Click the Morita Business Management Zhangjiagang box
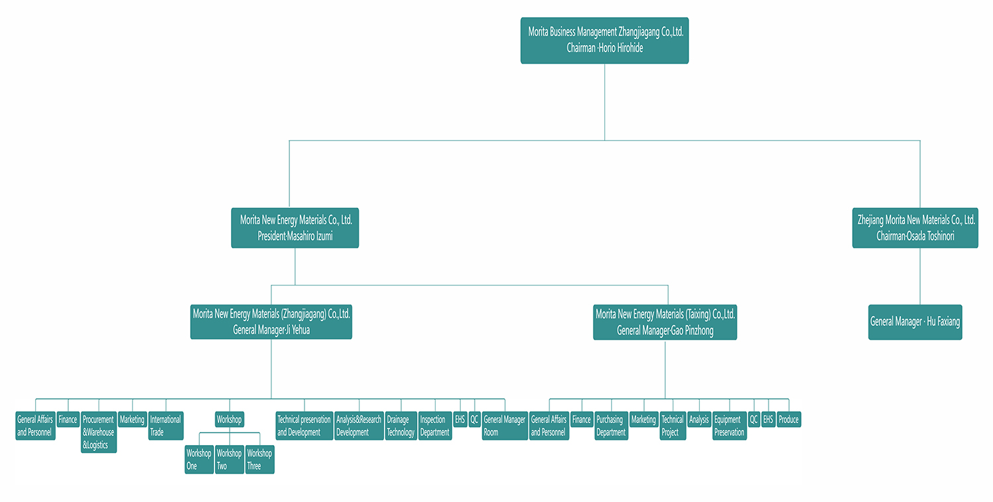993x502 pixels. [604, 40]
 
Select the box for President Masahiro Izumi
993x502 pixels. [295, 228]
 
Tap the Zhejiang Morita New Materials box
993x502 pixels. [915, 228]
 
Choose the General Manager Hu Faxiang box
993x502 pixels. [915, 322]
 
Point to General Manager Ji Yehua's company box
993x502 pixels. [271, 322]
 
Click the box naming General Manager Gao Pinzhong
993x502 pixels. [665, 322]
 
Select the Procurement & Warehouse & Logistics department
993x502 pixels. [99, 432]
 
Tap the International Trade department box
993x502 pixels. [165, 425]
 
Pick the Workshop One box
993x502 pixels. [199, 460]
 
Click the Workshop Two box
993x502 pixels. [229, 460]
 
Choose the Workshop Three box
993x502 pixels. [260, 460]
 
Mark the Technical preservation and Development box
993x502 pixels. [304, 425]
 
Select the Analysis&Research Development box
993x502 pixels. [359, 425]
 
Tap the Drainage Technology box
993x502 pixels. [401, 425]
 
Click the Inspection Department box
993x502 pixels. [435, 425]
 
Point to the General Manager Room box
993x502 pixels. [504, 425]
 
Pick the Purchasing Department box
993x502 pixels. [611, 425]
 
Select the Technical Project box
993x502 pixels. [673, 425]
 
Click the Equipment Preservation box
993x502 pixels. [730, 425]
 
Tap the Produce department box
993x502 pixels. [788, 419]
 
